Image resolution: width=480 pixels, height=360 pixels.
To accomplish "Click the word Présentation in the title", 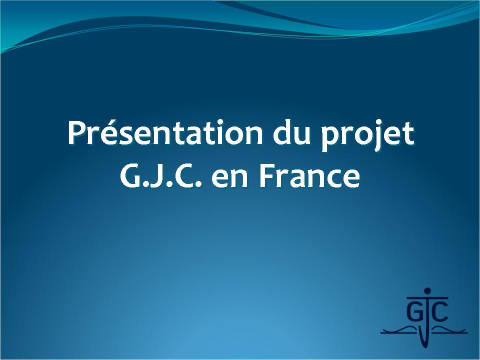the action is pyautogui.click(x=165, y=133).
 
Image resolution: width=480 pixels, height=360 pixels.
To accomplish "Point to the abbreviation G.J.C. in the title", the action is pyautogui.click(x=161, y=176).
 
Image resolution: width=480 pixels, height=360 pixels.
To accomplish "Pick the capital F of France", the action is pyautogui.click(x=267, y=177).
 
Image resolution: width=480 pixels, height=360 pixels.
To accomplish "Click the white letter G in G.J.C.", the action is pyautogui.click(x=130, y=177).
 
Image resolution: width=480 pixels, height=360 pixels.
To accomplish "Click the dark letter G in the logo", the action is pyautogui.click(x=414, y=311).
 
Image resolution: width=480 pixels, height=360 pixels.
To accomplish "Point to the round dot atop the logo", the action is pyautogui.click(x=427, y=291).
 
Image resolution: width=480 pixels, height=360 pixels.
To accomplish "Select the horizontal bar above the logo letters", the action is pyautogui.click(x=427, y=297).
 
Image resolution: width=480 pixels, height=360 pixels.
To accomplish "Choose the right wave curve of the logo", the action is pyautogui.click(x=448, y=329).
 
